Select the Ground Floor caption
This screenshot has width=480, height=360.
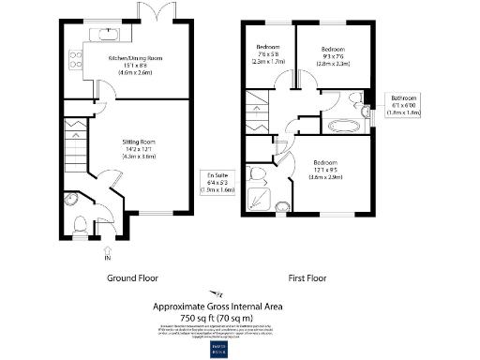pyautogui.click(x=131, y=278)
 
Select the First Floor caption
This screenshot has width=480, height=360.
pyautogui.click(x=309, y=278)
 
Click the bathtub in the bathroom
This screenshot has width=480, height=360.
pyautogui.click(x=346, y=126)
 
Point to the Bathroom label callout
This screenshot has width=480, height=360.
pyautogui.click(x=405, y=103)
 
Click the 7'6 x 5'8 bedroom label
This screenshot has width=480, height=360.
pyautogui.click(x=270, y=55)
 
